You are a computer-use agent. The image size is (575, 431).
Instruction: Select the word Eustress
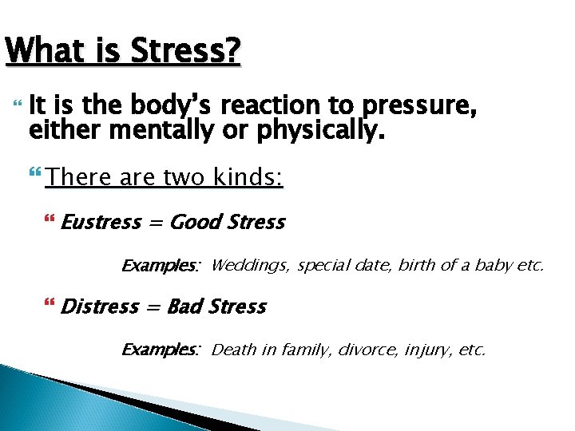coord(101,222)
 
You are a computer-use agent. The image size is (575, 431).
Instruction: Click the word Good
coord(196,222)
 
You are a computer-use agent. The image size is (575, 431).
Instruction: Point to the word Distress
coord(100,306)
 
